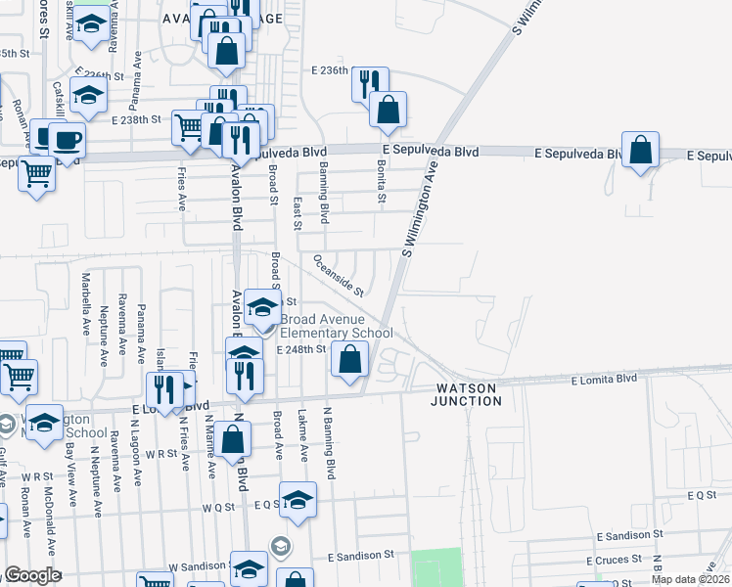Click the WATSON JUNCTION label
pyautogui.click(x=469, y=394)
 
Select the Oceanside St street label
pyautogui.click(x=339, y=277)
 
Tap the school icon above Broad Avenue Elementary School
pyautogui.click(x=262, y=308)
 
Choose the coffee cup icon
pyautogui.click(x=67, y=140)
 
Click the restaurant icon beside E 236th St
pyautogui.click(x=370, y=85)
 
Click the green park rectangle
pyautogui.click(x=435, y=567)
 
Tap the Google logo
pyautogui.click(x=32, y=575)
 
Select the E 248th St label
pyautogui.click(x=301, y=349)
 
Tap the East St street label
pyautogui.click(x=297, y=205)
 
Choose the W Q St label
pyautogui.click(x=219, y=508)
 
